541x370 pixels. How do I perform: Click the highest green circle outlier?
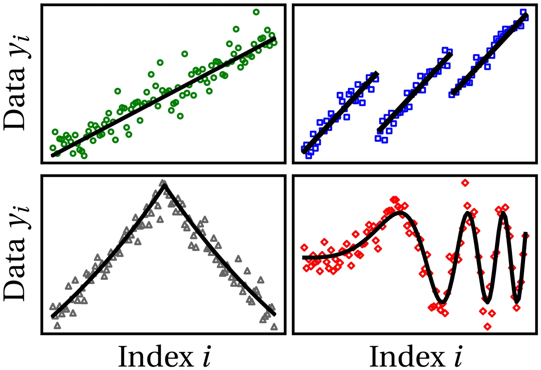[x=256, y=12]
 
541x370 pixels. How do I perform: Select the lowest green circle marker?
[x=84, y=156]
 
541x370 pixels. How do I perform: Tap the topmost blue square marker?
[x=523, y=12]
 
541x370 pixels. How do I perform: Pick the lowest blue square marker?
[x=308, y=156]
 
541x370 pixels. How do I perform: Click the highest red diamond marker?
[x=465, y=183]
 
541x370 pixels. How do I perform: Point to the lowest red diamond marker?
[x=487, y=326]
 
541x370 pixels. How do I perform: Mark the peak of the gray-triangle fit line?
[x=164, y=185]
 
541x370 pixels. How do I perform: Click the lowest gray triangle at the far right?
[x=274, y=327]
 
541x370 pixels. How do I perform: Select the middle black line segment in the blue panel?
[x=414, y=92]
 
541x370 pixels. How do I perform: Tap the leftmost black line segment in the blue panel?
[x=340, y=113]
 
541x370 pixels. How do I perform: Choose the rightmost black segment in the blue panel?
[x=490, y=54]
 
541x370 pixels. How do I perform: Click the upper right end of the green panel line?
[x=274, y=38]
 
